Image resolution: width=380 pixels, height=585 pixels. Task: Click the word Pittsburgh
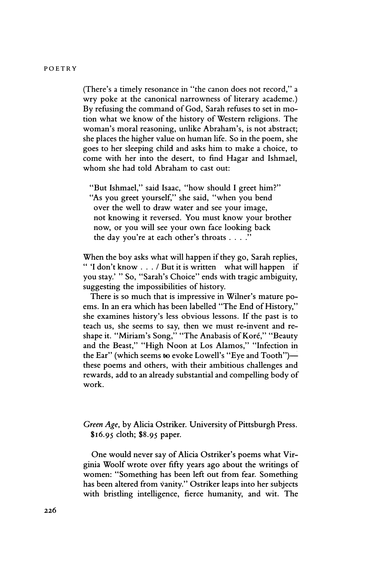click(256, 425)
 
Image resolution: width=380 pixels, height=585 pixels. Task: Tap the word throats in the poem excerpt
click(212, 237)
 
